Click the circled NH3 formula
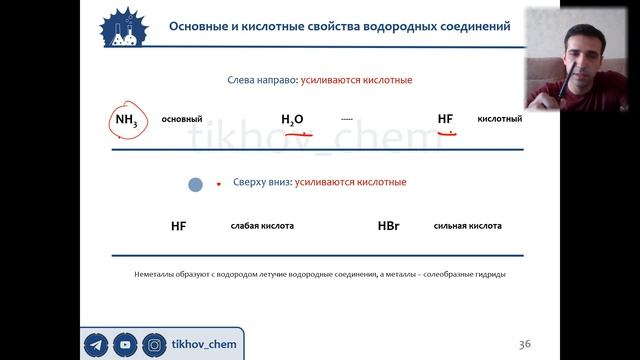pyautogui.click(x=128, y=121)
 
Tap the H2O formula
pyautogui.click(x=292, y=120)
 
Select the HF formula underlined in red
pyautogui.click(x=446, y=120)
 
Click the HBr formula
pyautogui.click(x=390, y=227)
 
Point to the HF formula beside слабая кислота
pyautogui.click(x=179, y=227)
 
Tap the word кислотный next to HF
pyautogui.click(x=500, y=119)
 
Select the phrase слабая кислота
pyautogui.click(x=262, y=227)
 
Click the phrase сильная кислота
pyautogui.click(x=468, y=227)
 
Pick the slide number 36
pyautogui.click(x=525, y=345)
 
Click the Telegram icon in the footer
pyautogui.click(x=96, y=345)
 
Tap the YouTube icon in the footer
pyautogui.click(x=125, y=345)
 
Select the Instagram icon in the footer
pyautogui.click(x=155, y=345)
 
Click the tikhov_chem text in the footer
pyautogui.click(x=203, y=345)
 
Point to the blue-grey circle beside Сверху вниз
pyautogui.click(x=196, y=184)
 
